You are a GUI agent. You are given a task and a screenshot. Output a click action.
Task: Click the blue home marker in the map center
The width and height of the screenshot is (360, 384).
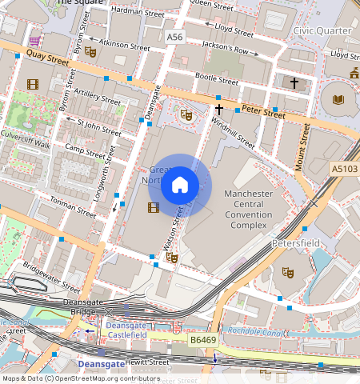coord(180,186)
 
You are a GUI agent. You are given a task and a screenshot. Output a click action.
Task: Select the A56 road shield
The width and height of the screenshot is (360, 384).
coord(174,37)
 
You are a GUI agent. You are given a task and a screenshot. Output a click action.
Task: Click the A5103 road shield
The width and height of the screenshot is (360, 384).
coord(344,169)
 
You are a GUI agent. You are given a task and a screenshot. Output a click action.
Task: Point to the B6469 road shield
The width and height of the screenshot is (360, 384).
coord(203,339)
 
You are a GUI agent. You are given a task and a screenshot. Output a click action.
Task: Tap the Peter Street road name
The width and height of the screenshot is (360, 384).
coord(262,114)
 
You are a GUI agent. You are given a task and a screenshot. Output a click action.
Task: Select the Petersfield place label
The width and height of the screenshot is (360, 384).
coord(296,240)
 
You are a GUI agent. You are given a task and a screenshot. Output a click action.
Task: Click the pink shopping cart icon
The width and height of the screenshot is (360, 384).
coord(34,40)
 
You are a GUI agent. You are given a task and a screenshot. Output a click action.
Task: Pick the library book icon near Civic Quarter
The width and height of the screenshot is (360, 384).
coord(338,100)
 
